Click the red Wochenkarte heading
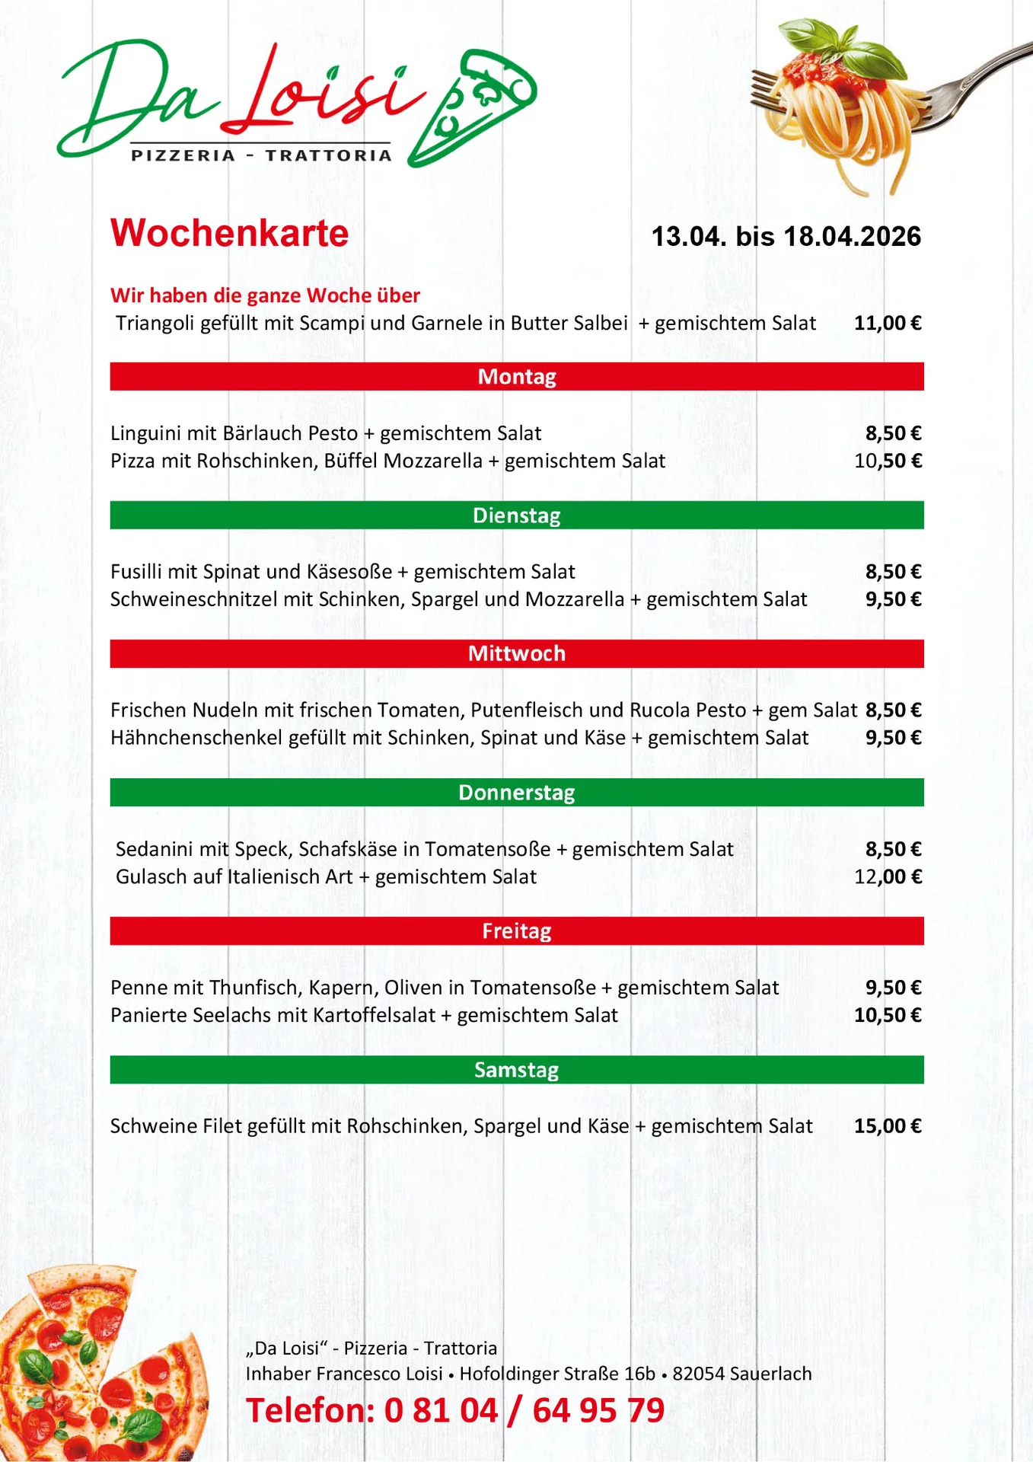click(x=229, y=233)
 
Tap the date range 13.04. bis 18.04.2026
click(x=786, y=237)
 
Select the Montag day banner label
click(x=517, y=377)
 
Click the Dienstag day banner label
click(x=517, y=516)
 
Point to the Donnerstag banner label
click(x=517, y=793)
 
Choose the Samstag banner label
click(x=517, y=1070)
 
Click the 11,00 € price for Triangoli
click(x=888, y=323)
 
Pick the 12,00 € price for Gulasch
click(x=888, y=876)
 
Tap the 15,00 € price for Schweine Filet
click(x=888, y=1126)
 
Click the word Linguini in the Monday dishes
click(x=146, y=433)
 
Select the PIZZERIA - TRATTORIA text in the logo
click(x=261, y=155)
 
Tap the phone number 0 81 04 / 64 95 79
click(x=524, y=1410)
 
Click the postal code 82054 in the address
click(x=698, y=1374)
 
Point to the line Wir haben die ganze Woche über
click(x=265, y=295)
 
